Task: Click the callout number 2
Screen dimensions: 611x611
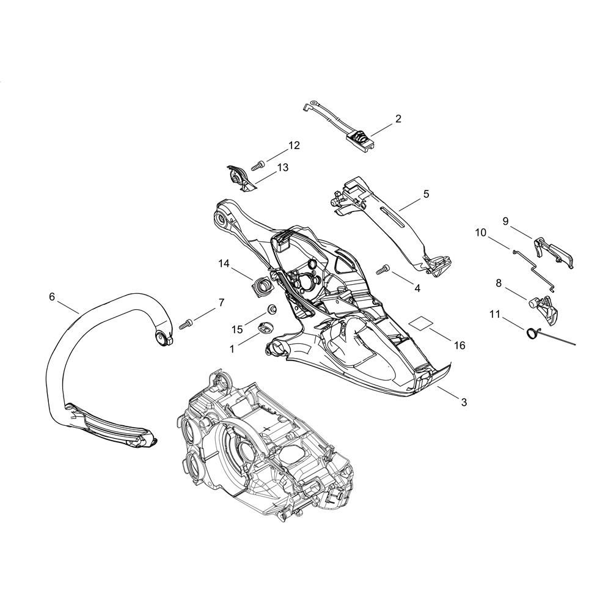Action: coord(398,119)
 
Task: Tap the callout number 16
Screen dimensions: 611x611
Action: coord(460,345)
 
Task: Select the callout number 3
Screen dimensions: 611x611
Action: coord(464,402)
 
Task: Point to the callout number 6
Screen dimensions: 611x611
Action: coord(52,297)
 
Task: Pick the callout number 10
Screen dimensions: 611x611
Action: coord(481,233)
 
